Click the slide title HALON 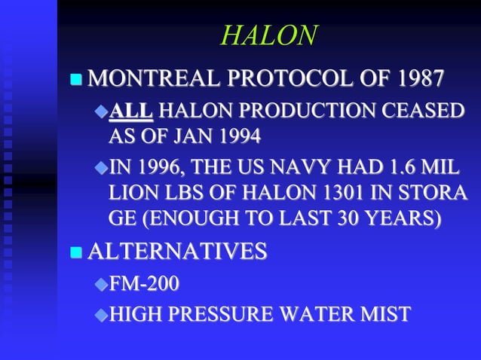(269, 35)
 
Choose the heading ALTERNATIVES (177, 251)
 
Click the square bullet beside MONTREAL (75, 79)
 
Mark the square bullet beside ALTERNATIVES (75, 252)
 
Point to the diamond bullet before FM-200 (100, 285)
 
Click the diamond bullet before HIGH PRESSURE (100, 313)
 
